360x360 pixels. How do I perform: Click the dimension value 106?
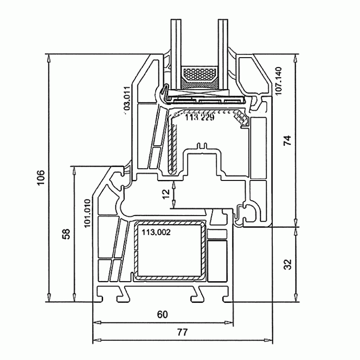[41, 178]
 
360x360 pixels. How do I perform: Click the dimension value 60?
[162, 315]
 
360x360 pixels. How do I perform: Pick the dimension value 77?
[182, 332]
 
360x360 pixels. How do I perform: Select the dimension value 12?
[165, 194]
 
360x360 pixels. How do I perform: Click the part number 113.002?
[156, 232]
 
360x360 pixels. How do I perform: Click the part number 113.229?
[200, 118]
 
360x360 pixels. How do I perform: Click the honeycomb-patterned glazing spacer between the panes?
[200, 74]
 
